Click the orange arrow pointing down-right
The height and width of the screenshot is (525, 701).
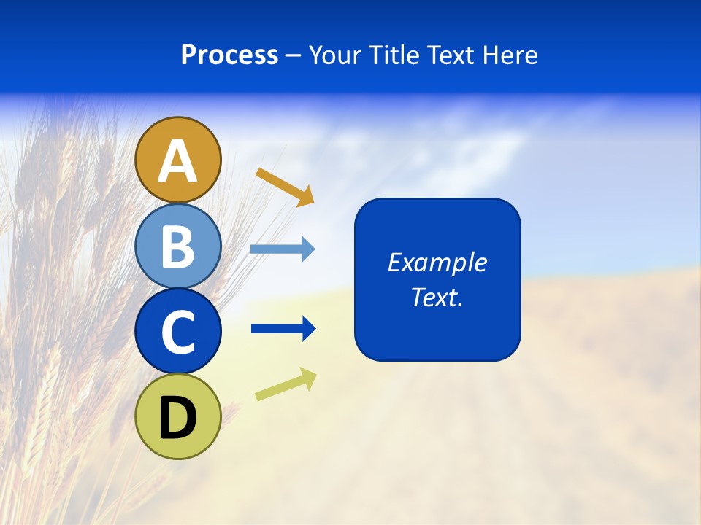[x=285, y=187]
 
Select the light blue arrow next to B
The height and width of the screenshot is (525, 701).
[x=282, y=249]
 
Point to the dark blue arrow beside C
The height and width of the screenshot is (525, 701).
[x=283, y=329]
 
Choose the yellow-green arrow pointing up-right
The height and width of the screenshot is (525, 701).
[x=286, y=385]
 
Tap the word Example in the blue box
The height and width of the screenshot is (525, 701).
[x=437, y=262]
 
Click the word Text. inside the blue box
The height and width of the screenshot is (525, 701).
[x=437, y=297]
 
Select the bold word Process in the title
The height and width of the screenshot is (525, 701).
[x=229, y=55]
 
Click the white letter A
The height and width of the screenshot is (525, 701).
[x=178, y=162]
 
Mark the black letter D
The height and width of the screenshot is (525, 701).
[x=178, y=419]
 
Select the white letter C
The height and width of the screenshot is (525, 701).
[x=178, y=332]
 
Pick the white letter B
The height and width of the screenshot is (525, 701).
[x=178, y=246]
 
